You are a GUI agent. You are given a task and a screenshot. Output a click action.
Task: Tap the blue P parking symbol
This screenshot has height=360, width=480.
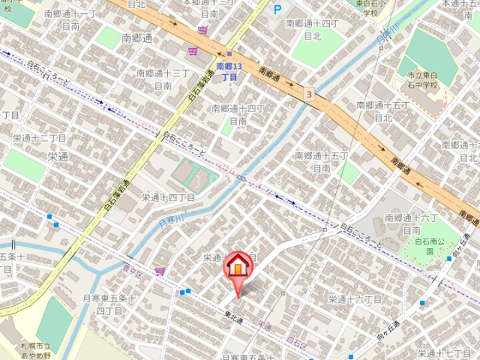[277, 11]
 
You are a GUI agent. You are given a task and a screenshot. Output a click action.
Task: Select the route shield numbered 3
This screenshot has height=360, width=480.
[309, 94]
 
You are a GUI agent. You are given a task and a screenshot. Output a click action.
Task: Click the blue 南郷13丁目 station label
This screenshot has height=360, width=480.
[229, 72]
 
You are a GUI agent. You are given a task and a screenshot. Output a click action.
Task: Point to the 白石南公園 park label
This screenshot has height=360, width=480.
[429, 246]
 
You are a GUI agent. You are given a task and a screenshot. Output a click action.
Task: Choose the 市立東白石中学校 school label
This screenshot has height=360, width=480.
[425, 80]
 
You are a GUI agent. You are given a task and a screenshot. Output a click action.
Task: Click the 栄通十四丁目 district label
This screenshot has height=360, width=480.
[168, 197]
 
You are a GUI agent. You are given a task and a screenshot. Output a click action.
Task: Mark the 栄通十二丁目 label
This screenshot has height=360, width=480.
[40, 138]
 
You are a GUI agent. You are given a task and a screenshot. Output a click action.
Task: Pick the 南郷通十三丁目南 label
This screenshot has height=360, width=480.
[163, 79]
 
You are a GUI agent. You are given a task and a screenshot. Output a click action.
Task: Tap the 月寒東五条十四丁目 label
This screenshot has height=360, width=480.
[109, 304]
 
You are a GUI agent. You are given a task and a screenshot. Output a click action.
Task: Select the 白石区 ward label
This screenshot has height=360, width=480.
[295, 340]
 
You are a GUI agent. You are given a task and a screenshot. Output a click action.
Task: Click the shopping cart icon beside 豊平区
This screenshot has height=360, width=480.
[160, 271]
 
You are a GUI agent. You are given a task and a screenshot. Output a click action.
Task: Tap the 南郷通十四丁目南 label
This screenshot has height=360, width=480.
[239, 114]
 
